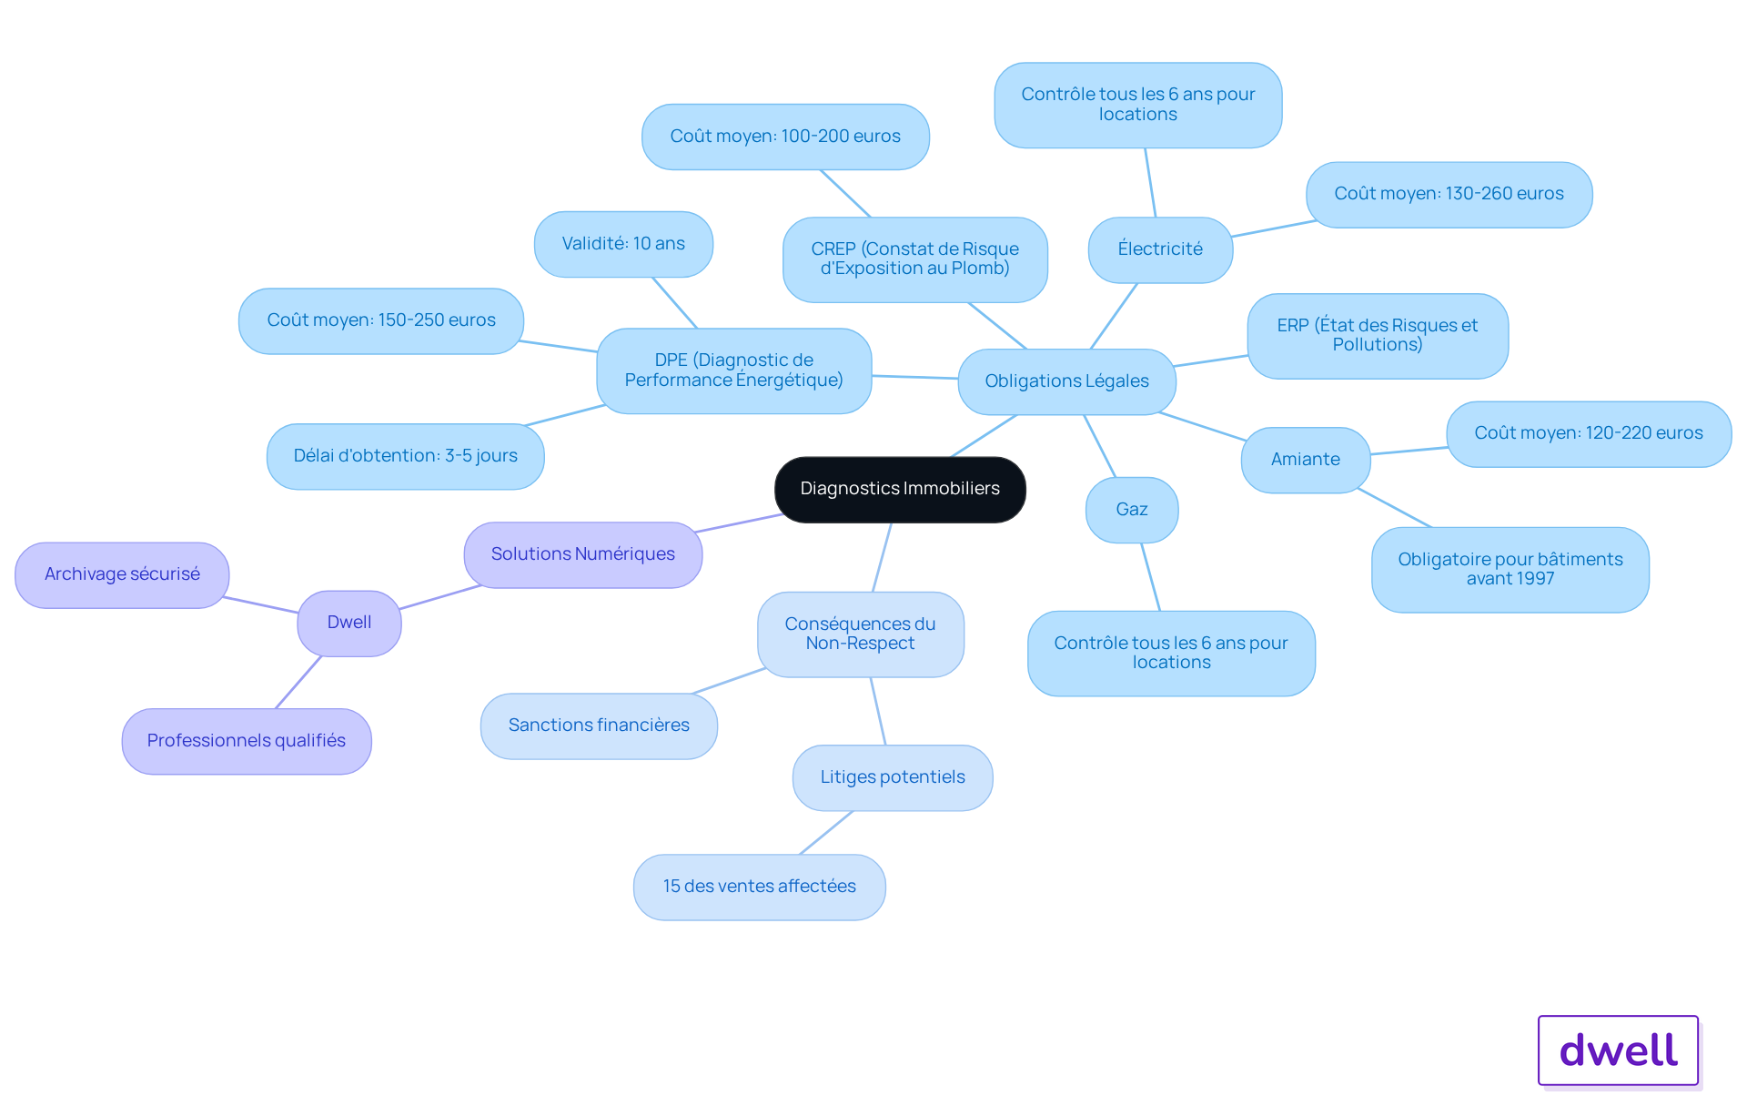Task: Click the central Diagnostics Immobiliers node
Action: pyautogui.click(x=900, y=489)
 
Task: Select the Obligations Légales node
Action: pyautogui.click(x=1066, y=381)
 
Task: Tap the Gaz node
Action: pyautogui.click(x=1132, y=510)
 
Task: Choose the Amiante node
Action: pyautogui.click(x=1306, y=460)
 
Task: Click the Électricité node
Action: pyautogui.click(x=1160, y=249)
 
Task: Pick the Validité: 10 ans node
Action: pyautogui.click(x=623, y=244)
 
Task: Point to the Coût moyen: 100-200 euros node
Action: pyautogui.click(x=785, y=137)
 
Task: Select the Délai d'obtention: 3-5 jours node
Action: pyautogui.click(x=405, y=456)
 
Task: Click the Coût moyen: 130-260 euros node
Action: pyautogui.click(x=1449, y=194)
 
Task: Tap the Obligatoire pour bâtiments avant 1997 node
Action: pyautogui.click(x=1510, y=569)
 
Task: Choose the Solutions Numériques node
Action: pyautogui.click(x=583, y=554)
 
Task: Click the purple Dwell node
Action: pyautogui.click(x=349, y=623)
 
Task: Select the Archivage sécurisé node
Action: pyautogui.click(x=122, y=574)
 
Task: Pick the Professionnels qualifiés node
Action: pyautogui.click(x=247, y=741)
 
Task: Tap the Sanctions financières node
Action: pyautogui.click(x=599, y=725)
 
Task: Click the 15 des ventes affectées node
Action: pyautogui.click(x=760, y=887)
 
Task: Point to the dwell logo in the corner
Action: pyautogui.click(x=1619, y=1050)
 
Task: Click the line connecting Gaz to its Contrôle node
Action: pyautogui.click(x=1151, y=577)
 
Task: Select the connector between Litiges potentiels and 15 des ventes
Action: pyautogui.click(x=826, y=832)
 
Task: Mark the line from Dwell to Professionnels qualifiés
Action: pyautogui.click(x=298, y=682)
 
